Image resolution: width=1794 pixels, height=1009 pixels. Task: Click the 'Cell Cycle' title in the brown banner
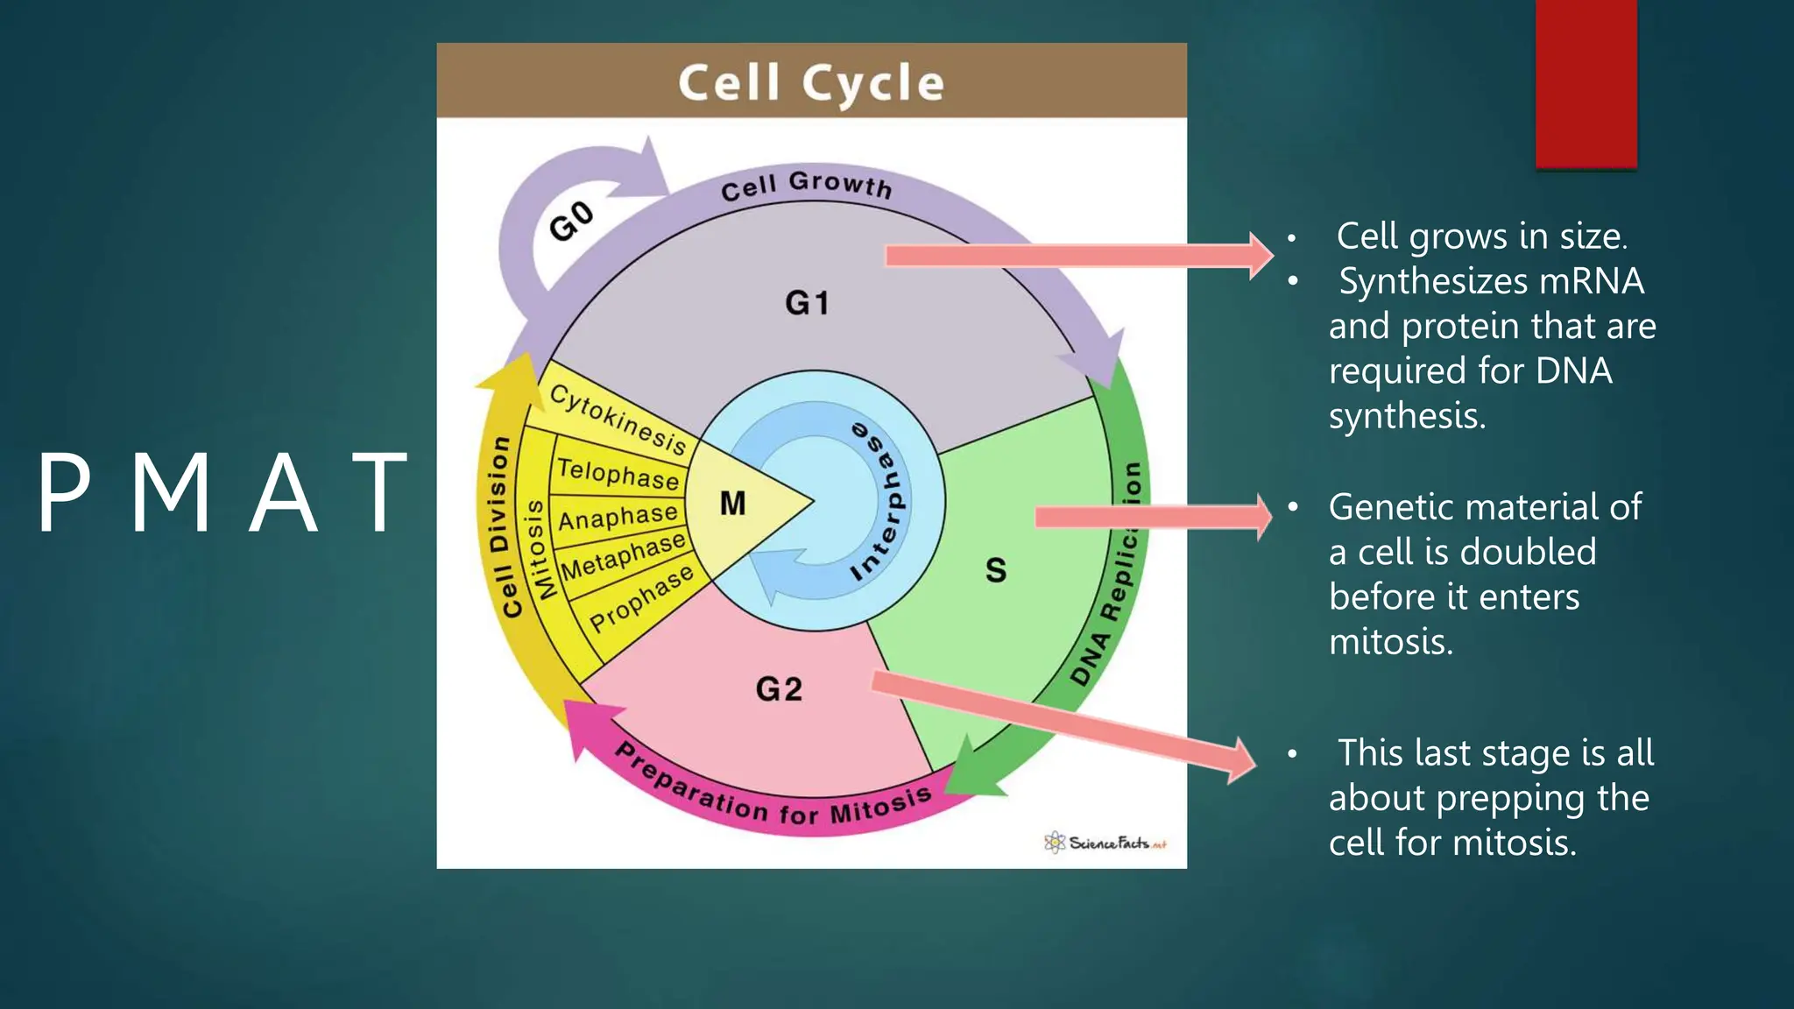tap(811, 83)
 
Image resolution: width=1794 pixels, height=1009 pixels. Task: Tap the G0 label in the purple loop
tap(572, 221)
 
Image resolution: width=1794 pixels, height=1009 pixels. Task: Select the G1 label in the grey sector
tap(807, 303)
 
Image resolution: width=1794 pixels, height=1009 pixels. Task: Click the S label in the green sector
tap(996, 570)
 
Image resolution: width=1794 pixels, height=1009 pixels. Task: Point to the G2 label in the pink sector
tap(779, 689)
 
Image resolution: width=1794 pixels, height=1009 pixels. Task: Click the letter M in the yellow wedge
tap(732, 504)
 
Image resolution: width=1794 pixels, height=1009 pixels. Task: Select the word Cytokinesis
tap(618, 420)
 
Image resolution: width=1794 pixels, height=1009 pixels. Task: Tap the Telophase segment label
tap(618, 474)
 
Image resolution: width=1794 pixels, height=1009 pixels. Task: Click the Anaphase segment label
tap(618, 517)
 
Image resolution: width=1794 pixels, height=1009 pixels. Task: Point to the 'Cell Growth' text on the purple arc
tap(806, 185)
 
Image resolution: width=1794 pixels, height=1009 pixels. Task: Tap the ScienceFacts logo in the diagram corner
tap(1105, 843)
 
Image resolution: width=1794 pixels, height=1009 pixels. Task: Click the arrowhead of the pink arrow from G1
tap(1261, 255)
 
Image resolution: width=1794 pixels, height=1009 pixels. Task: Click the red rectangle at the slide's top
tap(1586, 83)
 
